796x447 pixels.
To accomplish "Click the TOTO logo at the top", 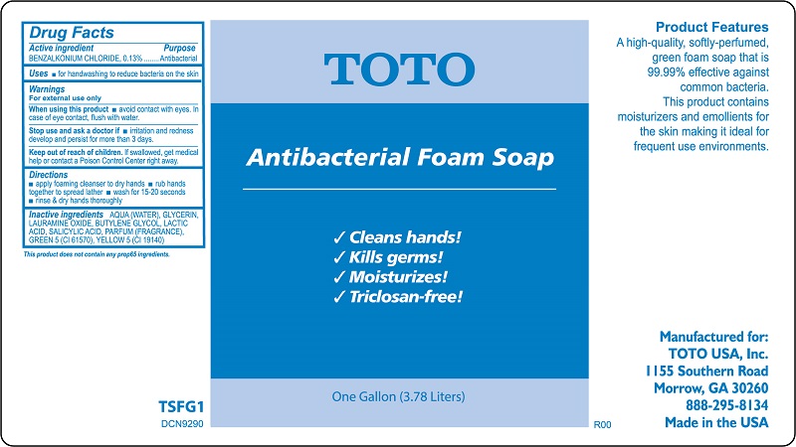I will click(x=398, y=69).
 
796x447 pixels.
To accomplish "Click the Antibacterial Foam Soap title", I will click(x=399, y=157).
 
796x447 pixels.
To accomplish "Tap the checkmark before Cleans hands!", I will click(x=339, y=238).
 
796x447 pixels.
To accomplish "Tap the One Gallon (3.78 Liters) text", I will click(x=398, y=398).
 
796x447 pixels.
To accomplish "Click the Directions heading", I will click(x=49, y=175).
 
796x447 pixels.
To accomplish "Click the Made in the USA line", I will click(x=715, y=421).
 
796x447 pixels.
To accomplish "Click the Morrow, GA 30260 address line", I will click(x=710, y=387).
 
